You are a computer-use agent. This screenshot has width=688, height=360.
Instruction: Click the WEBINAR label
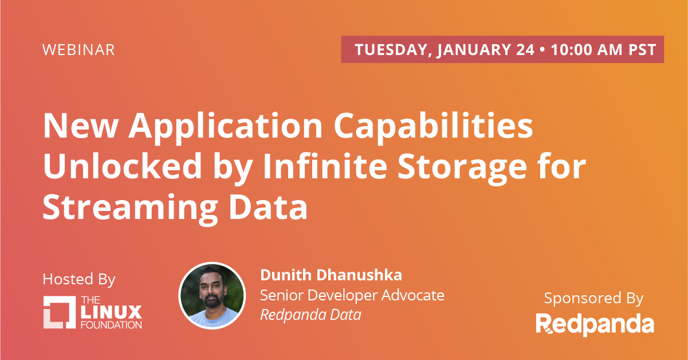point(78,50)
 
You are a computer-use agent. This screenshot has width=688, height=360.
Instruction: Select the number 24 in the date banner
point(525,49)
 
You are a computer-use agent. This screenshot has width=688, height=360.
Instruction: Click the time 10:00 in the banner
point(571,49)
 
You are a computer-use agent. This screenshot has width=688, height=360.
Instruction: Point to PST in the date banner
point(642,49)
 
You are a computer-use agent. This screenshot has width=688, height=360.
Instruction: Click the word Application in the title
point(226,127)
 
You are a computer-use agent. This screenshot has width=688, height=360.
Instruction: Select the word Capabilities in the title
point(434,127)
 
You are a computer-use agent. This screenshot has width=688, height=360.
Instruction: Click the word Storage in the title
point(462,168)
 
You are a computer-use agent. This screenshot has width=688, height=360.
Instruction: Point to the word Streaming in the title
point(130,209)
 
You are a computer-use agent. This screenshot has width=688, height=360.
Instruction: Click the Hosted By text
point(79,279)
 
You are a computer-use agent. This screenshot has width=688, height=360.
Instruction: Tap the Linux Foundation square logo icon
point(59,312)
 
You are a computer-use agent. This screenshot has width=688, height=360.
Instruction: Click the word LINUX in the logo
point(111,312)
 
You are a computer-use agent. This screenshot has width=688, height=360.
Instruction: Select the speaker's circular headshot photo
point(212,295)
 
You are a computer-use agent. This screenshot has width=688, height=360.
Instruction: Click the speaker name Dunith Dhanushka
point(331,275)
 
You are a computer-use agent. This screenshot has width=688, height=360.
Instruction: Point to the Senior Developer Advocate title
point(352,295)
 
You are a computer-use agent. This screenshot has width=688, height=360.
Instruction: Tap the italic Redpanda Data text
point(310,315)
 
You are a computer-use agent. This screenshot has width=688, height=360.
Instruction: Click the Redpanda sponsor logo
point(595,324)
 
